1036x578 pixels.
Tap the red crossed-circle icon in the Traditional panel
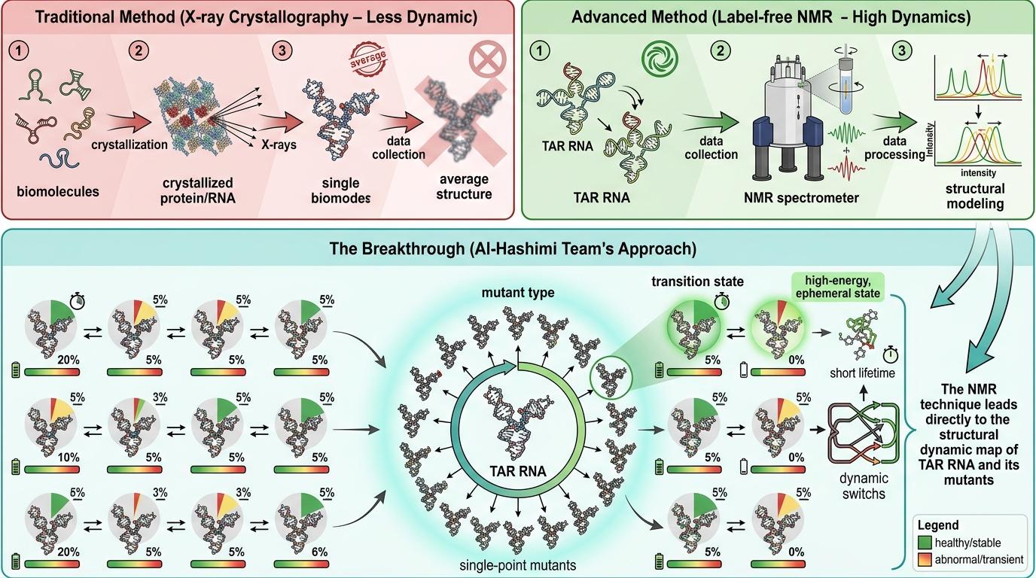point(483,58)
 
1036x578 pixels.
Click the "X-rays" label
point(278,145)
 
